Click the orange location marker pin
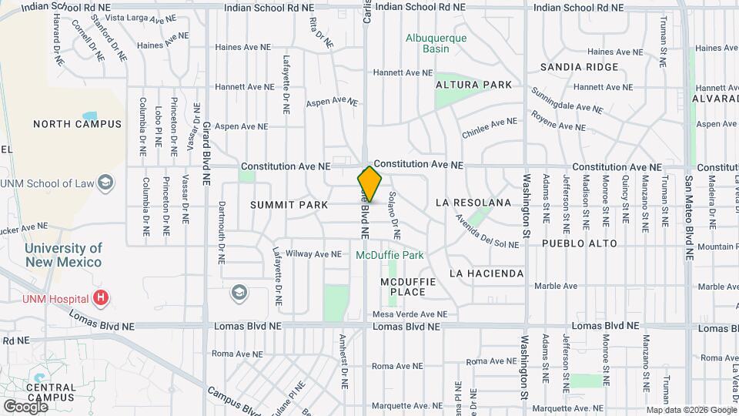click(x=370, y=184)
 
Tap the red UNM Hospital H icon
click(x=100, y=297)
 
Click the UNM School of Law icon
click(x=106, y=183)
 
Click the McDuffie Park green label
click(x=390, y=254)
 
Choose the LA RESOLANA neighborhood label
click(x=473, y=203)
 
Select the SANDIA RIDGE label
click(x=579, y=67)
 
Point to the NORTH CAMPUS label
click(x=77, y=124)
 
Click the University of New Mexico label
click(x=63, y=255)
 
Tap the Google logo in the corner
click(x=25, y=406)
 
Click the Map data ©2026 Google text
click(x=691, y=410)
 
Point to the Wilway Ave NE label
click(x=313, y=253)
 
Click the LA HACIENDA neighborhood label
click(x=487, y=273)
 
